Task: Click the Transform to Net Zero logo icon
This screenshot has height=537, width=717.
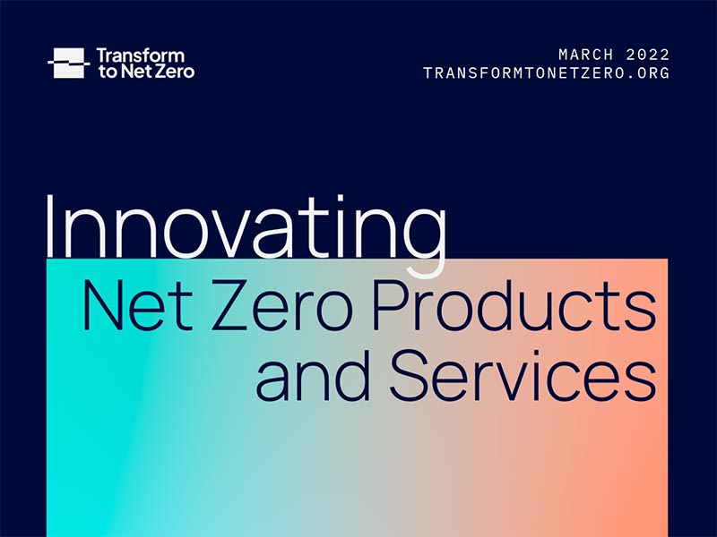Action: coord(68,63)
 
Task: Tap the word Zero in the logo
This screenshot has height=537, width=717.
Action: coord(175,71)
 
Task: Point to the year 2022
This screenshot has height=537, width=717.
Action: coord(648,55)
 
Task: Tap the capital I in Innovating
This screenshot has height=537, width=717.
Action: coord(52,224)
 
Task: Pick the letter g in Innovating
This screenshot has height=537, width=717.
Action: coord(418,237)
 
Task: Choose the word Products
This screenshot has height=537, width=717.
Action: coord(514,304)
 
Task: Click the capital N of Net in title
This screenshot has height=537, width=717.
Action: coord(102,304)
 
